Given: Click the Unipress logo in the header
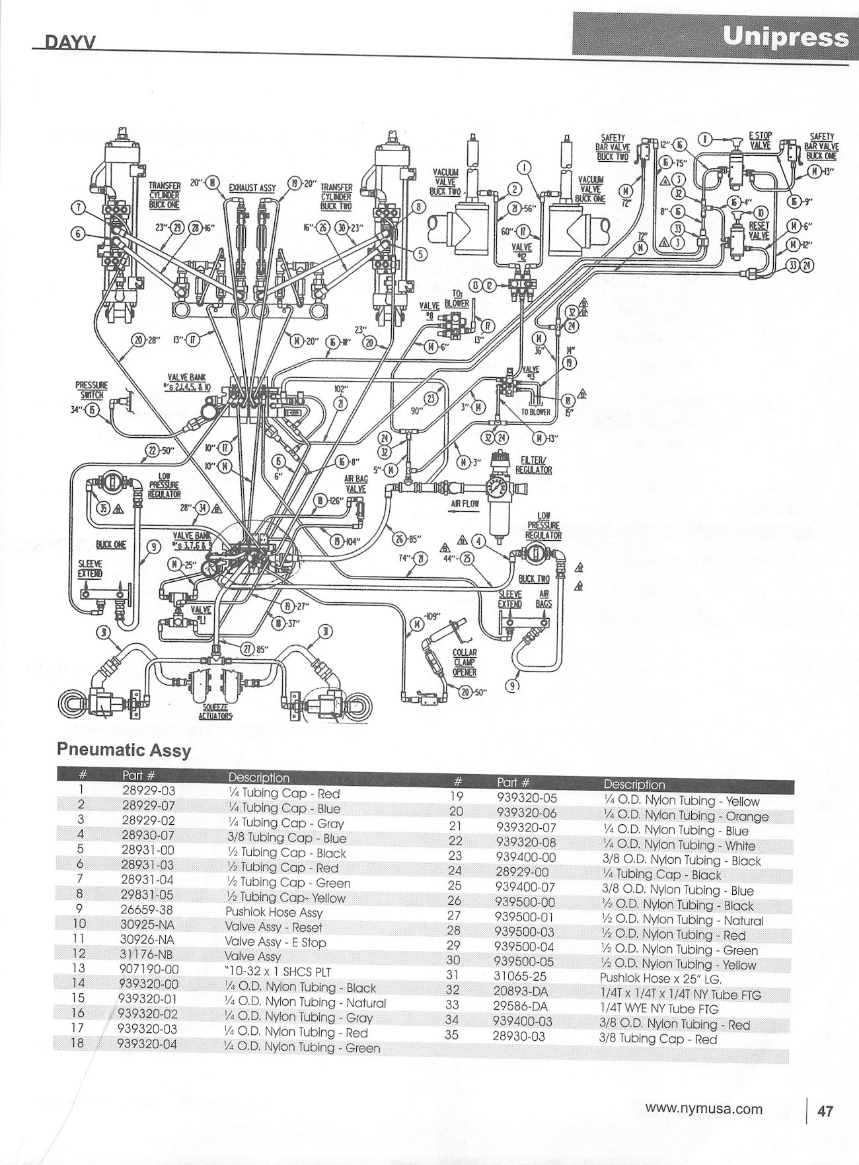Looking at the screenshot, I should [785, 36].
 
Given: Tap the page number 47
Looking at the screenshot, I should [825, 1111].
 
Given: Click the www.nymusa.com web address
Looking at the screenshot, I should [704, 1110].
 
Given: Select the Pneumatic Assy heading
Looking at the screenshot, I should [124, 750].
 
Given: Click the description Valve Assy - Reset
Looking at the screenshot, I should [274, 927].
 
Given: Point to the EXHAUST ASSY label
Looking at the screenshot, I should [252, 188].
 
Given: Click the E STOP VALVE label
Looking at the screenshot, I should [760, 140].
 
